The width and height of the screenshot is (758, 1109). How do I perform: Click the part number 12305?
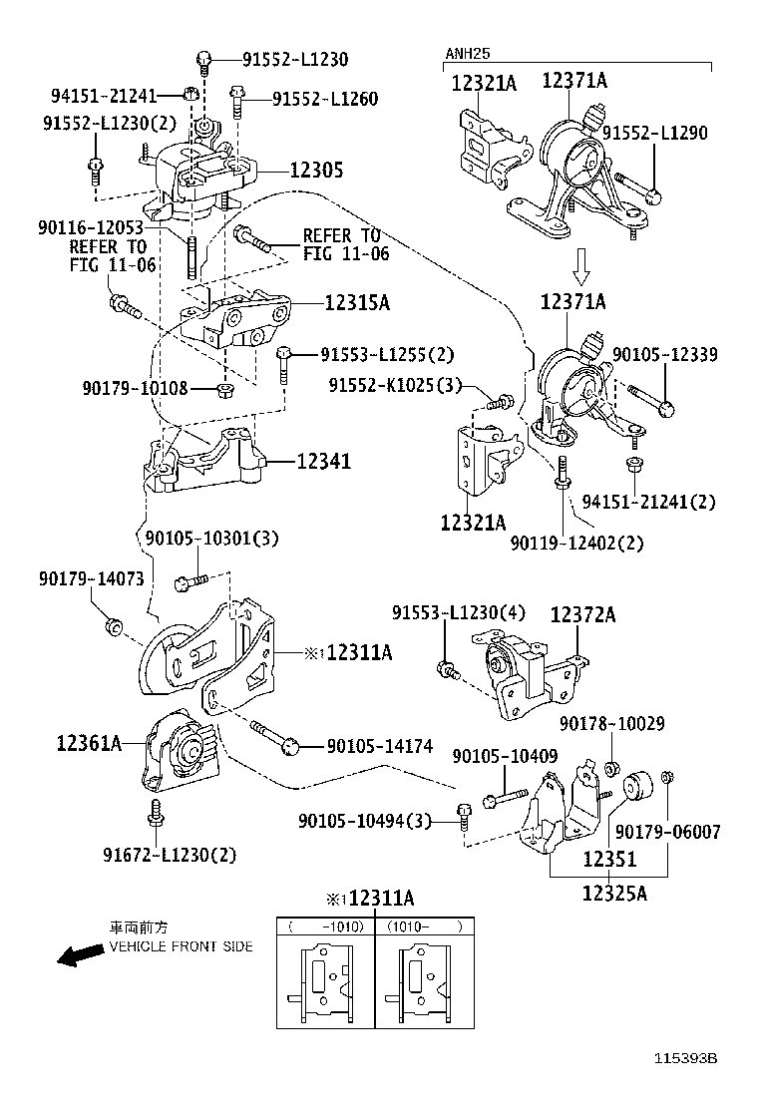pos(316,171)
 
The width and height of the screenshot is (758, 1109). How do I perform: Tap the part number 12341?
pos(323,462)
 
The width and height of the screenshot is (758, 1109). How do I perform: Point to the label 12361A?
pos(89,742)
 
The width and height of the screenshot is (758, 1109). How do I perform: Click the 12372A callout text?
pos(582,615)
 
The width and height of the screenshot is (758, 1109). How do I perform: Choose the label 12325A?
pos(614,893)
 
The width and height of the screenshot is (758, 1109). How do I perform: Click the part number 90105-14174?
pos(380,746)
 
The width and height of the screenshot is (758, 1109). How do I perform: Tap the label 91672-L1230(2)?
pos(170,855)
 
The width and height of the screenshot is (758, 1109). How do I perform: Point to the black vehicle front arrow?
pos(81,956)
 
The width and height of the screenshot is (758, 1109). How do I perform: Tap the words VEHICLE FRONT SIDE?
pos(181,946)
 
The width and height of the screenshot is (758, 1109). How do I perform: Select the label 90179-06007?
pos(667,832)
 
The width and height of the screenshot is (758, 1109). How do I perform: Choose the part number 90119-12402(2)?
pos(576,544)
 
